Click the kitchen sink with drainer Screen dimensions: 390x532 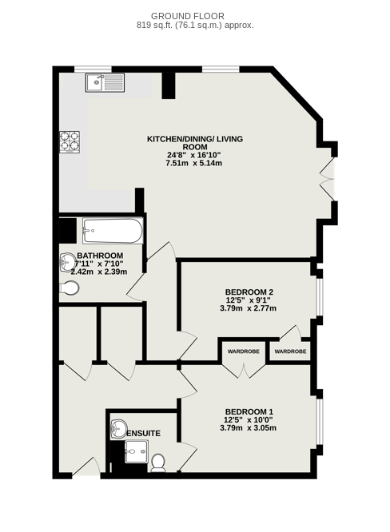105,82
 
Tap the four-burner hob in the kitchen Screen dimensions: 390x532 70,142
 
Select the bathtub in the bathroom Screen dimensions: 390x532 113,231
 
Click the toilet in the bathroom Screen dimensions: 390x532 70,288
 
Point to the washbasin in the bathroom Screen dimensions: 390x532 68,262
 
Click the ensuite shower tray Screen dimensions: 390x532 137,451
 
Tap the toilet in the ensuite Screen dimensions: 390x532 158,463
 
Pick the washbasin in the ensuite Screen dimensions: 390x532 118,429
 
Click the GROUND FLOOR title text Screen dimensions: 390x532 188,16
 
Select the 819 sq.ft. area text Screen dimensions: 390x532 195,25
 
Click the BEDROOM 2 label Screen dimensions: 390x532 249,292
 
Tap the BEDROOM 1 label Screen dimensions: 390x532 249,412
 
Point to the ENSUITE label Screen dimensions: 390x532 143,434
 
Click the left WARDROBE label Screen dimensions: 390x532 244,351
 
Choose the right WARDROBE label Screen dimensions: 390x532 290,351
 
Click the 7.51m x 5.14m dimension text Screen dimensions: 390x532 194,163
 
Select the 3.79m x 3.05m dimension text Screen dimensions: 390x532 248,428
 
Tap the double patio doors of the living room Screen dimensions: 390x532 328,179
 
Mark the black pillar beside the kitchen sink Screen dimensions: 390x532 169,85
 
